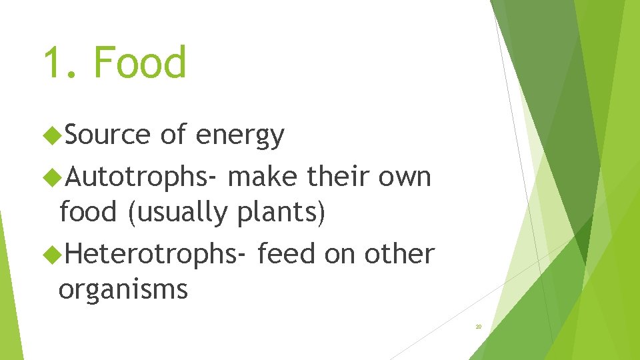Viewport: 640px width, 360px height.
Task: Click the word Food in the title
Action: [x=140, y=63]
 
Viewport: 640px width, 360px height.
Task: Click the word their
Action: [x=339, y=177]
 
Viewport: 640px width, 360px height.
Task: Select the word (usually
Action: [x=177, y=213]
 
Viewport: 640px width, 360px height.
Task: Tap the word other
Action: [x=399, y=254]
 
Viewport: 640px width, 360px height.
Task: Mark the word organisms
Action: [x=123, y=291]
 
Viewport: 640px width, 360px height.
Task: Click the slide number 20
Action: [x=478, y=327]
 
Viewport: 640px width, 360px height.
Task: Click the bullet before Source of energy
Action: [x=51, y=136]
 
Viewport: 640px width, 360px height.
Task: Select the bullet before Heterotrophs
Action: [x=51, y=255]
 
